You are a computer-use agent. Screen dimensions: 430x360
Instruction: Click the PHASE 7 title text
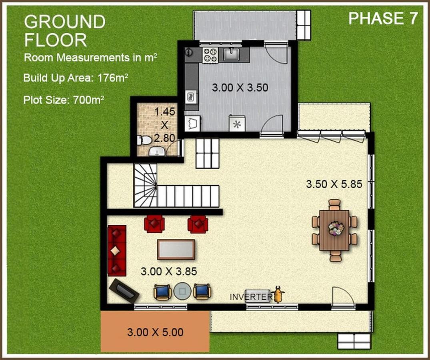(383, 19)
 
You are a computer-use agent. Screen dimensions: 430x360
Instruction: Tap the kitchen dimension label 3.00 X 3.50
(240, 88)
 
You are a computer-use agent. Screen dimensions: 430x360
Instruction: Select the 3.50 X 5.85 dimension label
(334, 184)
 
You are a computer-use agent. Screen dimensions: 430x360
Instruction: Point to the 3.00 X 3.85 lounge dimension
(169, 272)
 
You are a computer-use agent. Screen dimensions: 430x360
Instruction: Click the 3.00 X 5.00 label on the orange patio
(155, 332)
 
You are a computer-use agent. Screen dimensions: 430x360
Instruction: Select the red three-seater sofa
(117, 251)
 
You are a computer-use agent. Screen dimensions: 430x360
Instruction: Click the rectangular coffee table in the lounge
(176, 249)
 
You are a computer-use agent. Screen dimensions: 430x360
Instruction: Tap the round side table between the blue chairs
(182, 292)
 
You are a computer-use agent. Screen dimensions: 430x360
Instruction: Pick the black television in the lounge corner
(124, 291)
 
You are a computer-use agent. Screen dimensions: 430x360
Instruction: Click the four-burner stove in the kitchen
(210, 55)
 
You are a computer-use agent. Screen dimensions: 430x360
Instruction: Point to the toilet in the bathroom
(144, 140)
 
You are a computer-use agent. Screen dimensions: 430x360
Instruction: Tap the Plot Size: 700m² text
(64, 100)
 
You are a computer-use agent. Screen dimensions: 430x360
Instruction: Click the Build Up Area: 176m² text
(76, 78)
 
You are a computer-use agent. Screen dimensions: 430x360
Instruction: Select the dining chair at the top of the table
(334, 204)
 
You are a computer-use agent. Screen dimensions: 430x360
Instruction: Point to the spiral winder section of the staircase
(145, 185)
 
